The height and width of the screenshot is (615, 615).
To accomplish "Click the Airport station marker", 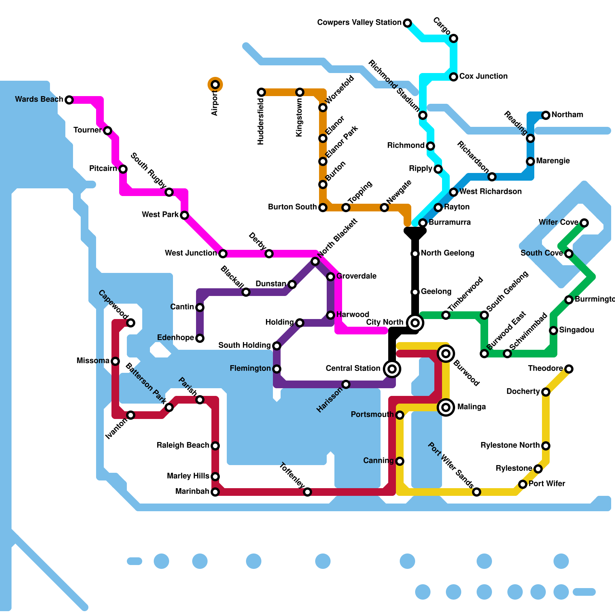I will (x=215, y=85).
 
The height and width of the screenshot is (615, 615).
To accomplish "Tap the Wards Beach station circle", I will (x=69, y=100).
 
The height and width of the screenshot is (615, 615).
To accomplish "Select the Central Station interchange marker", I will (x=392, y=369).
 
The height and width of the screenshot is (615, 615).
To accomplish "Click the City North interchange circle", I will (x=415, y=322).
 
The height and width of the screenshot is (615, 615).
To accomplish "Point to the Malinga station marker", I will (x=446, y=407).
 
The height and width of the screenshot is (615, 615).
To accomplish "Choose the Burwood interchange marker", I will (x=446, y=353).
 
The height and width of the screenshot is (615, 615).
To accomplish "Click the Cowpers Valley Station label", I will (x=359, y=23).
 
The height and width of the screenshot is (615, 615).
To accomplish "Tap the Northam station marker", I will (x=546, y=115).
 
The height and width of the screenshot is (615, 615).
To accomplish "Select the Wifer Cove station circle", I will (x=584, y=223).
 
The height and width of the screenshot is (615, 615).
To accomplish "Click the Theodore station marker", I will (x=569, y=369).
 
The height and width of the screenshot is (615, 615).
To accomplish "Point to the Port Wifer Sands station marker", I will (x=477, y=492).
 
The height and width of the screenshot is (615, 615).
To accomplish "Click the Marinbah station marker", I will (x=215, y=492).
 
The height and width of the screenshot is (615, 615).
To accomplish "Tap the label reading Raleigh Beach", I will (x=183, y=445).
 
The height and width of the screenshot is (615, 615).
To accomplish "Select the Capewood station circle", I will (x=131, y=323).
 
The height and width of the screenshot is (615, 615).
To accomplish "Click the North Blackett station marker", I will (x=315, y=261).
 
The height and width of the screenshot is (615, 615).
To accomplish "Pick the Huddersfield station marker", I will (x=261, y=92).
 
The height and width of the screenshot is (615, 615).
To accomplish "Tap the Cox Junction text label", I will (x=483, y=76).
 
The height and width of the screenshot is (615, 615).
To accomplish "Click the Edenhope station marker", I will (x=200, y=338).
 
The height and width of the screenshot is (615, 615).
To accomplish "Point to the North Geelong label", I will (x=447, y=253).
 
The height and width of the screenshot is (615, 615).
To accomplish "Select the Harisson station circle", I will (x=346, y=384).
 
